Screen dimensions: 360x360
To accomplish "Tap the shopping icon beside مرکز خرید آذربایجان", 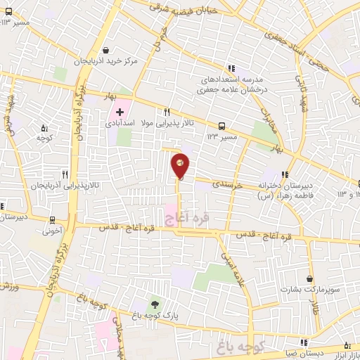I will [105, 50].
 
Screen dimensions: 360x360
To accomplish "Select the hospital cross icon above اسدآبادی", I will [120, 112].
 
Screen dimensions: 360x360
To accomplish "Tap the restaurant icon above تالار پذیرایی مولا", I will [167, 112].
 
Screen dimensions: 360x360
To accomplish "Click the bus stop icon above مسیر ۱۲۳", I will [222, 126].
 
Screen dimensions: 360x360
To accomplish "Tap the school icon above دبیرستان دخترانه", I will [284, 174].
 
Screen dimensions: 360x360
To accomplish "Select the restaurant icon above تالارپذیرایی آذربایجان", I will [65, 174].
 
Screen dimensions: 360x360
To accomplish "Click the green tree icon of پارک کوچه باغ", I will [154, 304].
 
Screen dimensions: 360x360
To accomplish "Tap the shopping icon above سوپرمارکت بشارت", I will [309, 278].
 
